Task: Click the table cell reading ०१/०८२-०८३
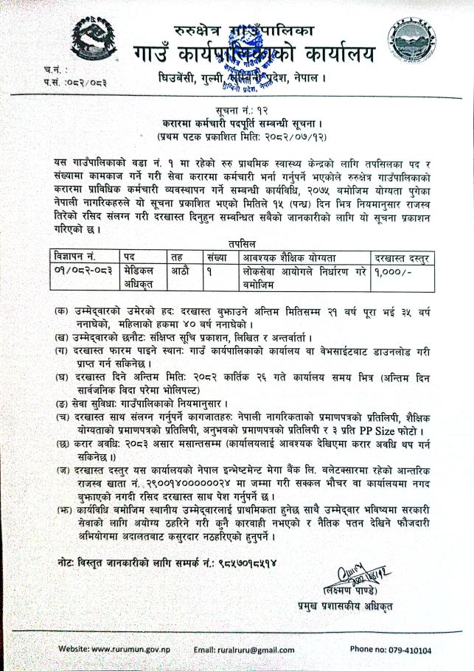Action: coord(81,271)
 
